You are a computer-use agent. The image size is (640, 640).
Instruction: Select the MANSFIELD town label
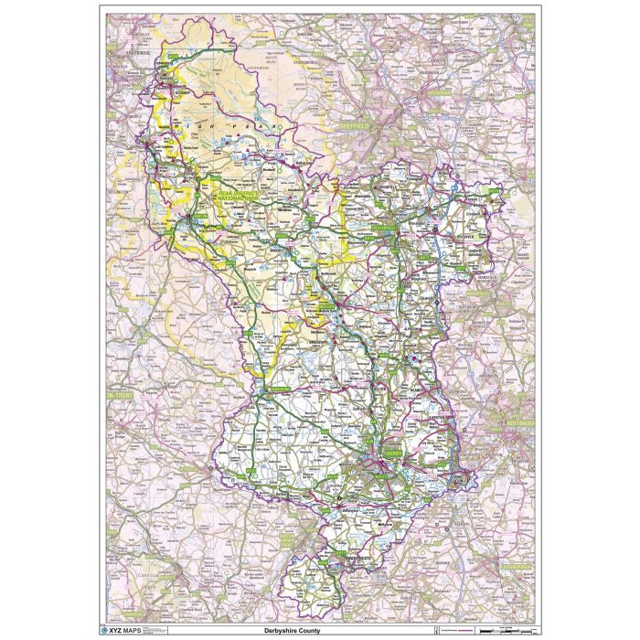tap(483, 276)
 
